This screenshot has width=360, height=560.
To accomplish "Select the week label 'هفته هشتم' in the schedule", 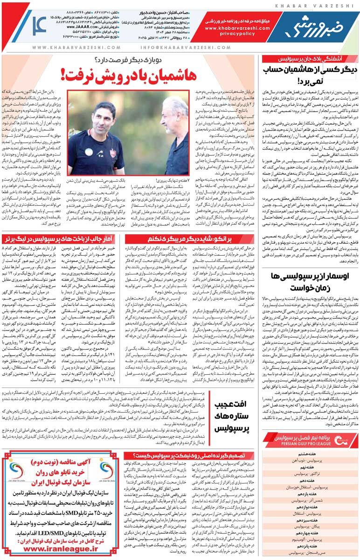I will [311, 454].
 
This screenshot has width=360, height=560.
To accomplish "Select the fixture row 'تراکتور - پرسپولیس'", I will [311, 473].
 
